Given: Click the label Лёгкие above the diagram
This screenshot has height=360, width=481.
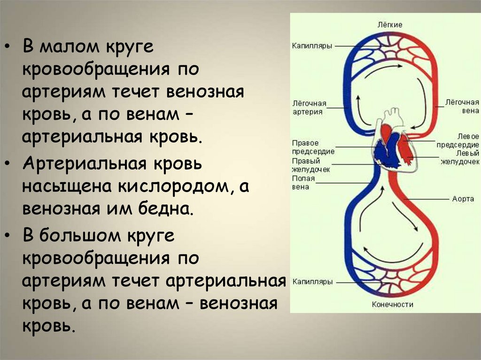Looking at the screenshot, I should pos(390,24).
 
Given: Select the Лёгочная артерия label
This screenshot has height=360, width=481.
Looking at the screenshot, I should pos(309,107).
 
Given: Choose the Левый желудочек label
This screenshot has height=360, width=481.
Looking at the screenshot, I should pos(460,157).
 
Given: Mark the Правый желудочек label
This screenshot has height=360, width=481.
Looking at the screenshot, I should pos(311,165).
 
